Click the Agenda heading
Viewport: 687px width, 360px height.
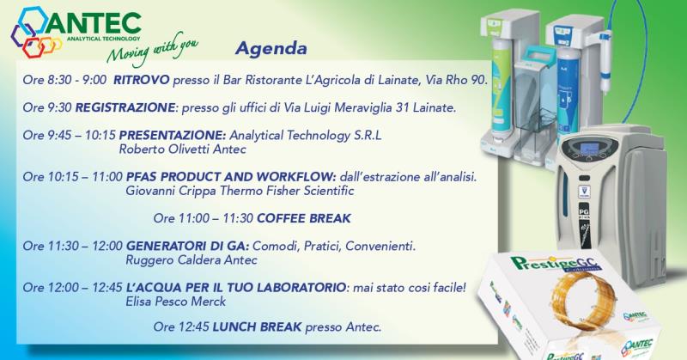pos(271,49)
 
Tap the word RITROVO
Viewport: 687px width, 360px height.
pos(141,80)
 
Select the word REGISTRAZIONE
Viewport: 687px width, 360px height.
pos(125,107)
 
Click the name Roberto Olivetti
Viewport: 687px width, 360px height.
pos(165,149)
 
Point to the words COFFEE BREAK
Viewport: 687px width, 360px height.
pos(304,218)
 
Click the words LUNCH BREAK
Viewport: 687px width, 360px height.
pos(257,326)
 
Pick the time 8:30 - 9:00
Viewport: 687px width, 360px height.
pos(77,80)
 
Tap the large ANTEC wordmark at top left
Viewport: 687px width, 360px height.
pos(94,24)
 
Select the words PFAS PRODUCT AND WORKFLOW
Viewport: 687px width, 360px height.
pos(231,177)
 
